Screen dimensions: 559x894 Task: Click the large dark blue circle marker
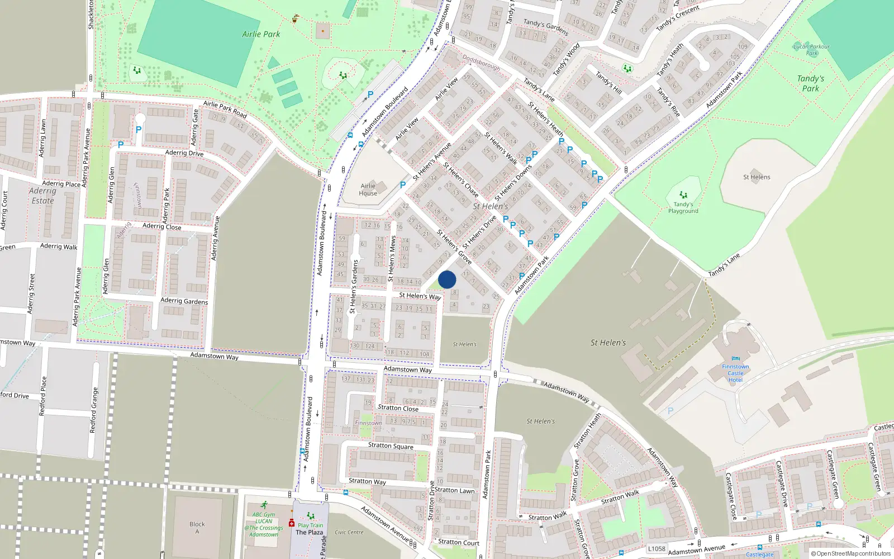(447, 279)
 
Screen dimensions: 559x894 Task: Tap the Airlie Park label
(261, 34)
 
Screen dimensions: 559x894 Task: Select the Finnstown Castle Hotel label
(735, 373)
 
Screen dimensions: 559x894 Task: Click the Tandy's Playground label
(683, 207)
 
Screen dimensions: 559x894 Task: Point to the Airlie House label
(368, 190)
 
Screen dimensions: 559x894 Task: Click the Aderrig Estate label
(42, 196)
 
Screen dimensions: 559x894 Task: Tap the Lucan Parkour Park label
(811, 50)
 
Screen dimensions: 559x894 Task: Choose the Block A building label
(197, 527)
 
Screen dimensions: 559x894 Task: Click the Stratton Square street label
(391, 446)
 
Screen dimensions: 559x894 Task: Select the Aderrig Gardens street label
(184, 301)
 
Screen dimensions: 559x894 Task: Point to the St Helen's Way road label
(420, 296)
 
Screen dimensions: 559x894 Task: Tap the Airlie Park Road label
(225, 108)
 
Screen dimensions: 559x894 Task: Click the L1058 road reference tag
(657, 549)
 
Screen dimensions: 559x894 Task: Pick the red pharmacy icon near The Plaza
(291, 523)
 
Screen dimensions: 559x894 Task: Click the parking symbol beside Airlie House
(402, 184)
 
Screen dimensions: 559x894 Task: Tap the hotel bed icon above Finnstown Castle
(735, 359)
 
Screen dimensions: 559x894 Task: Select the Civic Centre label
(349, 532)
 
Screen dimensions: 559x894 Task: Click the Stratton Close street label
(398, 408)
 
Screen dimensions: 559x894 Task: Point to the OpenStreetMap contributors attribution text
(850, 554)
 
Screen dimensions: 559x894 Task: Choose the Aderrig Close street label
(161, 226)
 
